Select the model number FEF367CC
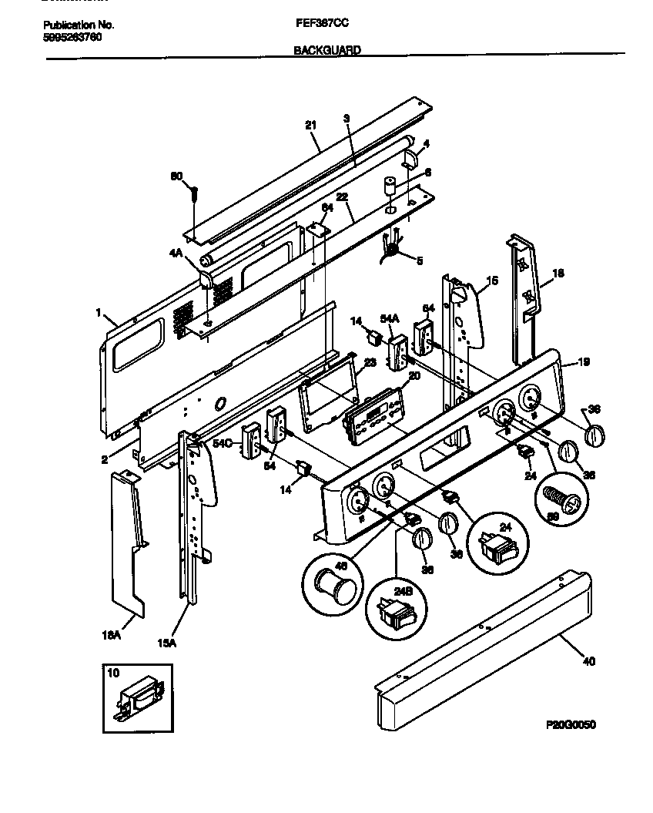click(319, 24)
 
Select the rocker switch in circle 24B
click(393, 616)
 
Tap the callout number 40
click(589, 661)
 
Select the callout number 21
click(310, 126)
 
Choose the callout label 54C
click(222, 443)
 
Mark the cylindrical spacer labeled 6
click(390, 187)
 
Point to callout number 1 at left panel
click(98, 313)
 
